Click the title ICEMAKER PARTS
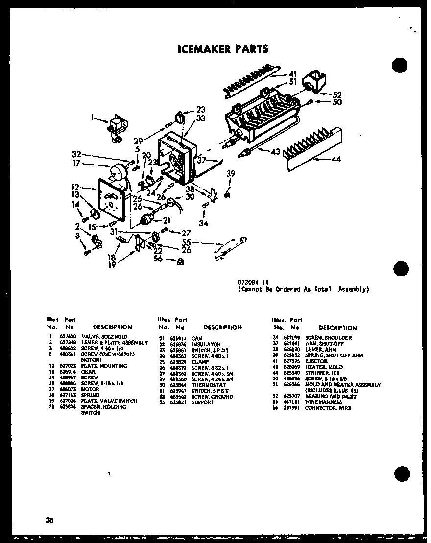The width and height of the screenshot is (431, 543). pos(222,48)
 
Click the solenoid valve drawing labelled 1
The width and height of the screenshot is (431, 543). pos(117,128)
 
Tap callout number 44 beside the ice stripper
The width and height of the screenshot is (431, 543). pos(336,159)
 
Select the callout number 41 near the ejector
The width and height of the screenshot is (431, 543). pos(293,74)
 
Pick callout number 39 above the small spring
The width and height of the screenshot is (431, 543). pos(231,173)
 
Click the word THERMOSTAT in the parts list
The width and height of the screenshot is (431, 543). pos(205,385)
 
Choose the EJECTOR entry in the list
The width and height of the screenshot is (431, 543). pos(316,361)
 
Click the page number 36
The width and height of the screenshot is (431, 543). pos(50,520)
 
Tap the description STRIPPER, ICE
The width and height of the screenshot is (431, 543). pos(322,373)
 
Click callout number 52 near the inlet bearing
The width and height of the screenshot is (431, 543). pos(337,95)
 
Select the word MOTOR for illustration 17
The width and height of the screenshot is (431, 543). pos(90,389)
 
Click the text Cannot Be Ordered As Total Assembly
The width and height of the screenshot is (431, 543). pos(303,289)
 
